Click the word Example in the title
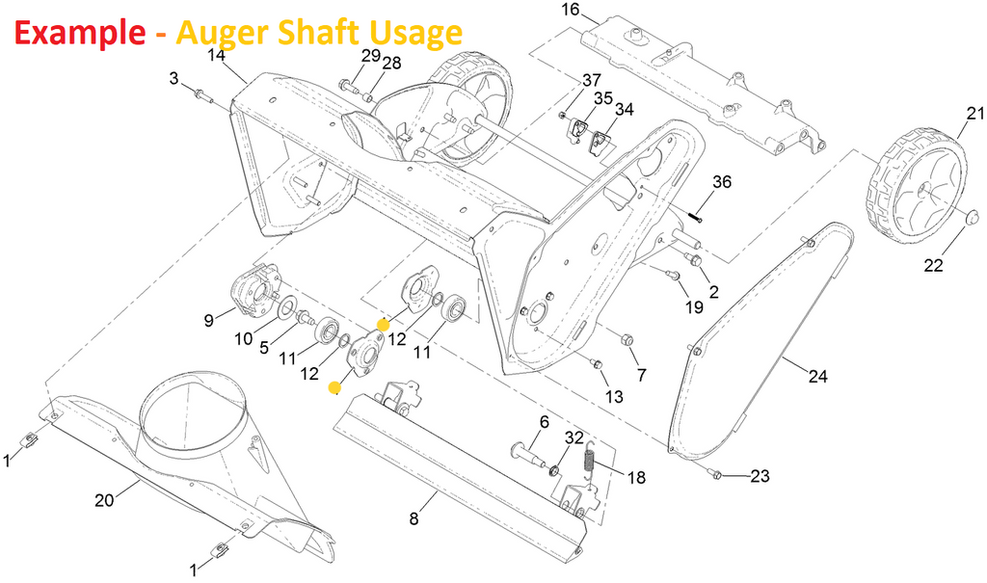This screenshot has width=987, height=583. point(76,33)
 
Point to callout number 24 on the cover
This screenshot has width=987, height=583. point(817,376)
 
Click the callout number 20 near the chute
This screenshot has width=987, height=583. point(104,499)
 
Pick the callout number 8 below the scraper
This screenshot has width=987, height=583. point(413,519)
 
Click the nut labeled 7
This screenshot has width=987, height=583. point(627,340)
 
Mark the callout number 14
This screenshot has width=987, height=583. point(216,55)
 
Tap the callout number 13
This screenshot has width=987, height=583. point(614,397)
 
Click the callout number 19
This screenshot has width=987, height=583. point(694,307)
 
